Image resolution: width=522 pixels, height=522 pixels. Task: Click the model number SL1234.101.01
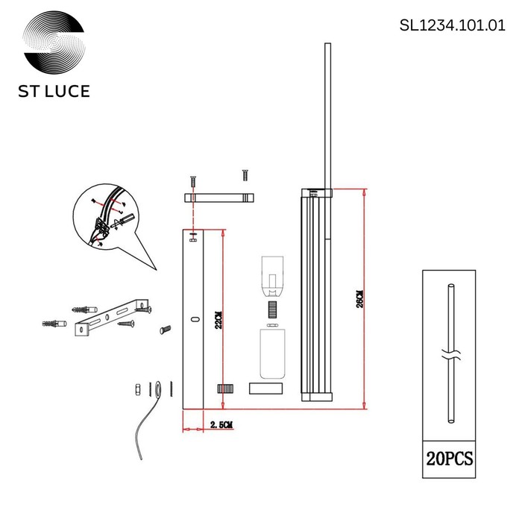pyautogui.click(x=452, y=25)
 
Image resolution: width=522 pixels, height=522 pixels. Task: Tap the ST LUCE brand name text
pyautogui.click(x=54, y=91)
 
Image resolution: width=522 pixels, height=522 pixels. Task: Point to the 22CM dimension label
pyautogui.click(x=218, y=320)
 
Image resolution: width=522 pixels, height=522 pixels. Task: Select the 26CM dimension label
pyautogui.click(x=360, y=298)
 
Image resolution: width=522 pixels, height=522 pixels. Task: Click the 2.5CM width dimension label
pyautogui.click(x=221, y=425)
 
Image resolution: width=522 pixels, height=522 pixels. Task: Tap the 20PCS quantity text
pyautogui.click(x=450, y=459)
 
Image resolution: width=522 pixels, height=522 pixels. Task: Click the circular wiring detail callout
pyautogui.click(x=105, y=217)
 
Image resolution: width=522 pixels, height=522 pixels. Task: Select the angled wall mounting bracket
pyautogui.click(x=111, y=317)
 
